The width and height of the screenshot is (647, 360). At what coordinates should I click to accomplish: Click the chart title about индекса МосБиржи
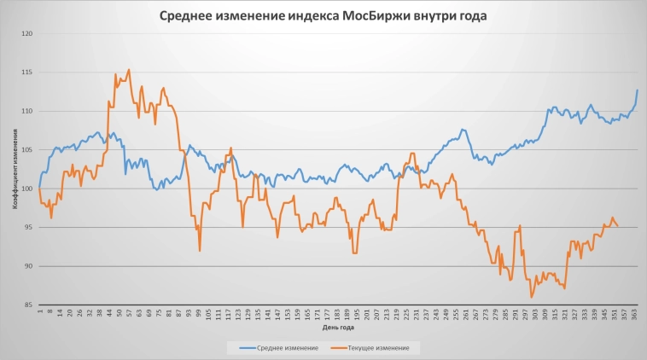coord(323,16)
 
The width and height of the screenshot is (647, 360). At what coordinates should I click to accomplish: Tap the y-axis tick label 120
coord(26,33)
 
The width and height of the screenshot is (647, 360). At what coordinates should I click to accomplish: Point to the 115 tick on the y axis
coord(26,73)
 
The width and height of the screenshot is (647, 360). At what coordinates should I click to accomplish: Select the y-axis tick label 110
coord(26,111)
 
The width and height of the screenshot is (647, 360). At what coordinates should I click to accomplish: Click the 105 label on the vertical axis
coord(26,150)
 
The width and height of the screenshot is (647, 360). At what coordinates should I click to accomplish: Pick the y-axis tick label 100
coord(26,189)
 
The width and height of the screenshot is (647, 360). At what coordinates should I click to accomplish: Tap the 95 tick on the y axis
coord(28,227)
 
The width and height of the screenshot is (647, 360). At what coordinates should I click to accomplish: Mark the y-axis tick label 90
coord(28,266)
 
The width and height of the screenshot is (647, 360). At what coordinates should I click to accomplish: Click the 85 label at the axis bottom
coord(28,305)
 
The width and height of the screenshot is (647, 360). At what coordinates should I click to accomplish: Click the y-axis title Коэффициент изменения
coord(15,169)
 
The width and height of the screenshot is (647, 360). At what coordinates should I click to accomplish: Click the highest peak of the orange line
coord(129,70)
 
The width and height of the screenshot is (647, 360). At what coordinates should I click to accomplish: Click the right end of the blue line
coord(637,90)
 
